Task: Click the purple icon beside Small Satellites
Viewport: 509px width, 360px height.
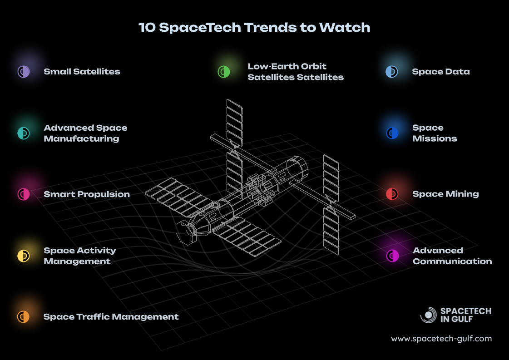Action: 23,71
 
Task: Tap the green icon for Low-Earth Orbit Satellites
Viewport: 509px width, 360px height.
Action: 224,72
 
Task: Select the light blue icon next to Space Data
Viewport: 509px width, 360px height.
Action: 392,72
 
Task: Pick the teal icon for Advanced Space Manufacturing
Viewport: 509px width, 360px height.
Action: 23,133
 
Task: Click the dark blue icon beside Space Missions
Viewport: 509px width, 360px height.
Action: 392,133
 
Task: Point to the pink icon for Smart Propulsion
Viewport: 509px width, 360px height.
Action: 23,194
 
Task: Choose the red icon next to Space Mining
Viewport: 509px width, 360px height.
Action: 392,194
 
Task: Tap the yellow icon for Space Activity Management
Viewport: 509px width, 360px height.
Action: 23,256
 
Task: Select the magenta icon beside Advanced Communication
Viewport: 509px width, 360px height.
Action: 392,256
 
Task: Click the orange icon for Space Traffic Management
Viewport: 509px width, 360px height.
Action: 23,316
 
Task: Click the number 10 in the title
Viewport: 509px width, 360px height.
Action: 147,28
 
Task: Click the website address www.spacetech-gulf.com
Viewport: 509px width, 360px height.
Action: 441,339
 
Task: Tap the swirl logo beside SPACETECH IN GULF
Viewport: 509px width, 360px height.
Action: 429,315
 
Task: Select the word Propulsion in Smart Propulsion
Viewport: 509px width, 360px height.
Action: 105,194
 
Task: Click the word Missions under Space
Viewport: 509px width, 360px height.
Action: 435,138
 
